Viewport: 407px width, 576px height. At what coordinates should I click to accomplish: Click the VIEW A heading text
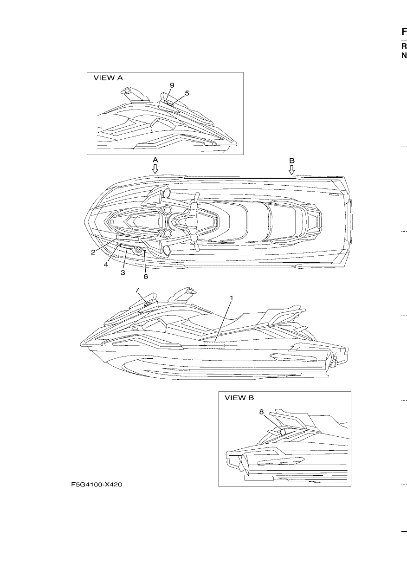[x=108, y=78]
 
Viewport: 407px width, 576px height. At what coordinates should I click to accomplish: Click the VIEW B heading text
[x=239, y=398]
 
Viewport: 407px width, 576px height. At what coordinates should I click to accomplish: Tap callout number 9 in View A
[x=172, y=85]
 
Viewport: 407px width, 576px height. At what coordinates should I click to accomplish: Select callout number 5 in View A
[x=187, y=93]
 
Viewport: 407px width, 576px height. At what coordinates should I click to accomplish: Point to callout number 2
[x=93, y=252]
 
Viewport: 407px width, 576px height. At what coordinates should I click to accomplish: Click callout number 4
[x=106, y=265]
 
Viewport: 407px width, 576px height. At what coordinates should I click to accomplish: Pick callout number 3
[x=123, y=272]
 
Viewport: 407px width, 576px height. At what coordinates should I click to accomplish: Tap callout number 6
[x=146, y=277]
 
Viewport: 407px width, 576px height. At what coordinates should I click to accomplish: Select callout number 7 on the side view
[x=137, y=290]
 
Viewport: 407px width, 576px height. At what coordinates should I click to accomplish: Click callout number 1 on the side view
[x=232, y=298]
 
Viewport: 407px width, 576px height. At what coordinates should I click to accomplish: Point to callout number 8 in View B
[x=261, y=412]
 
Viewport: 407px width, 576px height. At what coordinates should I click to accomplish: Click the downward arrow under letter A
[x=155, y=169]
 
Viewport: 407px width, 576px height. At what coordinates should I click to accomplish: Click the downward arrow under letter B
[x=291, y=170]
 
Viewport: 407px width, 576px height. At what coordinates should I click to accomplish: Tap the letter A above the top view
[x=155, y=160]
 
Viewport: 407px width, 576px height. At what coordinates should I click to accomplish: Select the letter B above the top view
[x=292, y=161]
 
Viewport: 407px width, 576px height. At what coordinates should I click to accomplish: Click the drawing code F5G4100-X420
[x=97, y=485]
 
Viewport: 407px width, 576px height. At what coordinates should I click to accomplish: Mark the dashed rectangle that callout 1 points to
[x=214, y=345]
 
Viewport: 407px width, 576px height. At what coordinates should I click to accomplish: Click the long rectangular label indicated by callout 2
[x=128, y=239]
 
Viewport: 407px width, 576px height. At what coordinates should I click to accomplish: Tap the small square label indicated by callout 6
[x=145, y=249]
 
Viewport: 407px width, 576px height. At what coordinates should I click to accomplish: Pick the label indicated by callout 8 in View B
[x=283, y=432]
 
